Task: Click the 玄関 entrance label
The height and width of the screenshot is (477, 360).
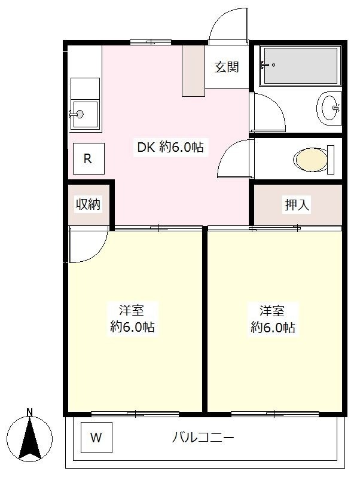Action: [227, 67]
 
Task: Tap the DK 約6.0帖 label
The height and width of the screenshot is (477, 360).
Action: [170, 148]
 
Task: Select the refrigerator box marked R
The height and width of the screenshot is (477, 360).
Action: [89, 158]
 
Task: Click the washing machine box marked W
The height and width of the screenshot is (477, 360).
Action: [96, 438]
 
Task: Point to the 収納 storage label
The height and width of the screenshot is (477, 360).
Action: [88, 204]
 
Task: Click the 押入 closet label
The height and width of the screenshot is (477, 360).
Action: [297, 205]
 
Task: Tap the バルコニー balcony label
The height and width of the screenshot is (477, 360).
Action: [203, 438]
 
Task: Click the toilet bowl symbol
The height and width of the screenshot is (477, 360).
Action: [313, 160]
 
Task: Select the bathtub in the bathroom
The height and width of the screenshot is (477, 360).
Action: [300, 66]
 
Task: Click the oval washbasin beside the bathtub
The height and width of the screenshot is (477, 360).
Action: [329, 108]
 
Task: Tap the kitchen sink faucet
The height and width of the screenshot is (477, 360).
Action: [77, 114]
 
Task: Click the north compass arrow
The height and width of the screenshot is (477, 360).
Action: [29, 438]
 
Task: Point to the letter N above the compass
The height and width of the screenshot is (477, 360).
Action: [29, 412]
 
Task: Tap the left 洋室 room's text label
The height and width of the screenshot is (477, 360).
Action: [132, 319]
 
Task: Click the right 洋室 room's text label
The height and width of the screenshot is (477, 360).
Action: [273, 319]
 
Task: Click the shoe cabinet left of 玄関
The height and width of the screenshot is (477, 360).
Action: [193, 71]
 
